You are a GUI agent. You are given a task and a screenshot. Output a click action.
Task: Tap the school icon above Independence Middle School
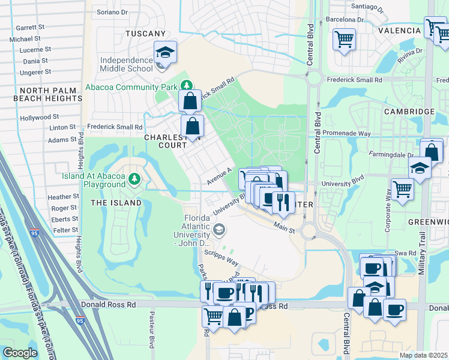(x=164, y=52)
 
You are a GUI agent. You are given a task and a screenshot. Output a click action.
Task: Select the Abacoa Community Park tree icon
(x=187, y=86)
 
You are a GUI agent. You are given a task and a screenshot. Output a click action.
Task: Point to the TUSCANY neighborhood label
(x=145, y=34)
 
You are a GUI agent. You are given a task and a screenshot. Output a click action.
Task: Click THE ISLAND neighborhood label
(x=116, y=203)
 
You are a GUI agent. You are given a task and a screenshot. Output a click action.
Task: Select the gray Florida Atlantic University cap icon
(x=219, y=229)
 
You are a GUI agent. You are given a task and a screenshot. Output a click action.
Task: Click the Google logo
(x=20, y=353)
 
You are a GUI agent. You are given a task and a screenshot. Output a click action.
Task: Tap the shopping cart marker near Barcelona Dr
(x=344, y=40)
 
